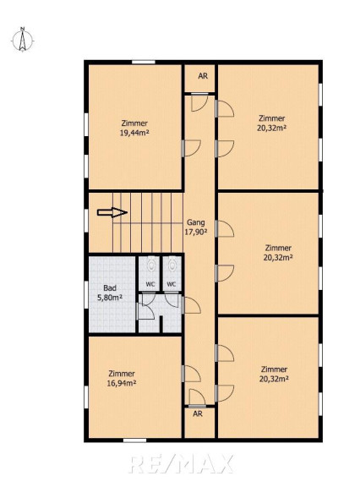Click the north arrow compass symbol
point(22,40)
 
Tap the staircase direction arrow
point(112,212)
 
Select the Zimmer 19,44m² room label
point(134,128)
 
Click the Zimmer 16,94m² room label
point(122,378)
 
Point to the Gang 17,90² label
point(196,227)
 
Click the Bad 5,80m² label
point(110,293)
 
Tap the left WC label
point(150,284)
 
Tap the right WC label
point(172,284)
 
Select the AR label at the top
point(203,76)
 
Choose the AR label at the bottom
point(198,413)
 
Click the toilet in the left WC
point(151,265)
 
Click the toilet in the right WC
point(172,265)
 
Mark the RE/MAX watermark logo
point(181,464)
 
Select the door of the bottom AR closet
point(197,398)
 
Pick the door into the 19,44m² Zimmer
point(192,148)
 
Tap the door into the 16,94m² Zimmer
point(192,374)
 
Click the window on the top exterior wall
point(144,62)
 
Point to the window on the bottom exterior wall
point(134,440)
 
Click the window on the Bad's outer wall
point(86,296)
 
